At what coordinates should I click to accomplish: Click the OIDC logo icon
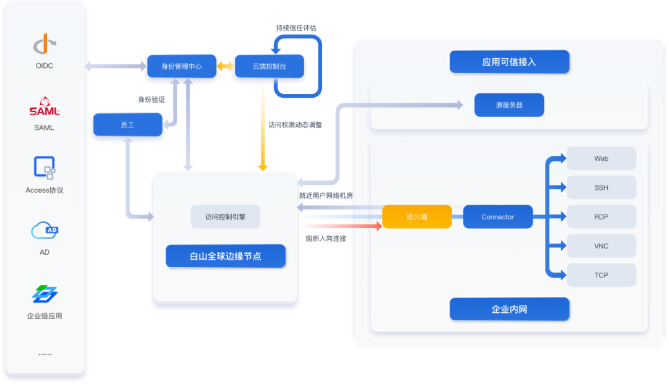coord(45,45)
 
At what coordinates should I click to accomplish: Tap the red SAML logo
coord(45,107)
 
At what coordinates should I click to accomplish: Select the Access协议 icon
coord(45,168)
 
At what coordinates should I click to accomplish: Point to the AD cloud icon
coord(45,231)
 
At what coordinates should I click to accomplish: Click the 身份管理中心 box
coord(181,66)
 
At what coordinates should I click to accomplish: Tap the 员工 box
coord(128,125)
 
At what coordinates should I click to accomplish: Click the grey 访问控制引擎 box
coord(225,217)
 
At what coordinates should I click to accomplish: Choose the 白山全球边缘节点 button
coord(225,256)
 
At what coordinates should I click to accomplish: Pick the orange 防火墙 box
coord(417,217)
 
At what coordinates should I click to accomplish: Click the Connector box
coord(497,217)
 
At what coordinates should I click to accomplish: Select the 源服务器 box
coord(509,105)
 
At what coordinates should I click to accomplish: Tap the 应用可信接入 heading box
coord(509,62)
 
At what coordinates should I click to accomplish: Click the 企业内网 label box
coord(509,309)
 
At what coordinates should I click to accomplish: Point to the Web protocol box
coord(601,158)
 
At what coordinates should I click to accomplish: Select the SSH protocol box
coord(601,187)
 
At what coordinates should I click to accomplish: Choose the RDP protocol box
coord(601,216)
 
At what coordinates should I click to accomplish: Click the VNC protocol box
coord(601,246)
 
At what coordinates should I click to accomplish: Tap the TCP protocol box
coord(601,275)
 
